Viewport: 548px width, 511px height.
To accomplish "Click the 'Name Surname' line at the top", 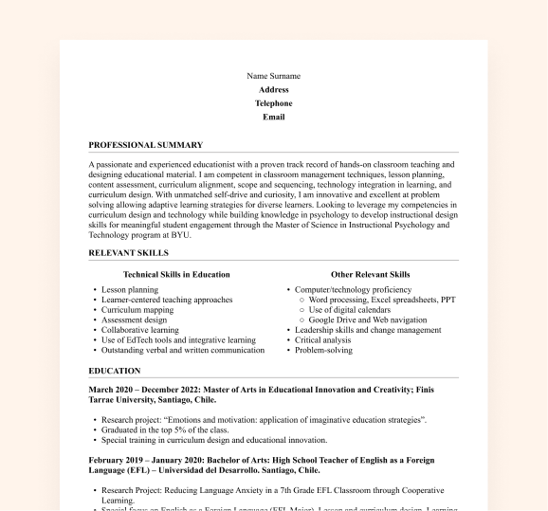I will pyautogui.click(x=273, y=76).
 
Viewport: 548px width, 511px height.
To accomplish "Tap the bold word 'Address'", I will pyautogui.click(x=273, y=89).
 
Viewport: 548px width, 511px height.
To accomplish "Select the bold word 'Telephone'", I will pyautogui.click(x=273, y=103).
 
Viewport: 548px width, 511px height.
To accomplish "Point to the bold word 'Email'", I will pyautogui.click(x=273, y=118).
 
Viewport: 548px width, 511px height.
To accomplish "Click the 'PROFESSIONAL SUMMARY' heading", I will pyautogui.click(x=145, y=145).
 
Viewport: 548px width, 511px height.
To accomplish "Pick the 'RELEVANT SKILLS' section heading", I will pyautogui.click(x=128, y=253).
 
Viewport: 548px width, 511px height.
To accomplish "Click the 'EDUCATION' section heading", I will pyautogui.click(x=114, y=371).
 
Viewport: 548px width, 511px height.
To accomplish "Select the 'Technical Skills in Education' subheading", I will pyautogui.click(x=176, y=275).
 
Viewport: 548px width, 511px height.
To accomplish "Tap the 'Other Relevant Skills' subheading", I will pyautogui.click(x=371, y=275).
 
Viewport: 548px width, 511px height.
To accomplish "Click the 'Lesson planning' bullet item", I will pyautogui.click(x=130, y=290).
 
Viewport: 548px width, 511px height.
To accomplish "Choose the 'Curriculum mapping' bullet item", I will pyautogui.click(x=137, y=310).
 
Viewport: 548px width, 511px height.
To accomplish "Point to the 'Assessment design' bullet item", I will pyautogui.click(x=134, y=320).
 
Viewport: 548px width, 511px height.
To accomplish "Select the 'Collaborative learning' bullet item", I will pyautogui.click(x=140, y=330).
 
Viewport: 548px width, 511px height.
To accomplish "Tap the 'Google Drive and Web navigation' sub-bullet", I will pyautogui.click(x=368, y=320).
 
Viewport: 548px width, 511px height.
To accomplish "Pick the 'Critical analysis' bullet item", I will pyautogui.click(x=323, y=340).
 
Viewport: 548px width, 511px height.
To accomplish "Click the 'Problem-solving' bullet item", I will pyautogui.click(x=323, y=350).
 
